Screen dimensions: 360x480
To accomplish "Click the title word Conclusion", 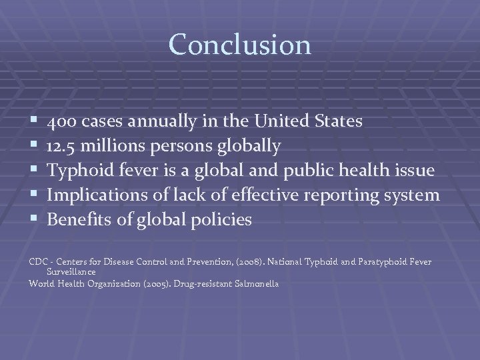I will tap(239, 45).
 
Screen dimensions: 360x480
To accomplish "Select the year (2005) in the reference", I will tap(154, 283).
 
